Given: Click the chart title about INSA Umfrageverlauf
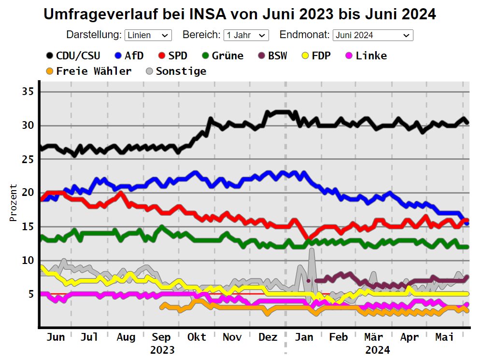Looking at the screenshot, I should click(x=240, y=14).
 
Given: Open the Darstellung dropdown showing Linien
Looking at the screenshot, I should click(x=148, y=35).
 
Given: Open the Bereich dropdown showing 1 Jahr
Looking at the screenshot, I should click(x=246, y=35).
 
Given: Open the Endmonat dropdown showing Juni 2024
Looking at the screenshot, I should click(x=372, y=35).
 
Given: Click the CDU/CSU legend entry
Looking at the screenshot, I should click(x=73, y=55).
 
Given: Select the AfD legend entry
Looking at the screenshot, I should click(x=129, y=55).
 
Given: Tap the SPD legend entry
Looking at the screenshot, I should click(x=172, y=55).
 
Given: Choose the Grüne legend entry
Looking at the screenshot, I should click(x=222, y=55).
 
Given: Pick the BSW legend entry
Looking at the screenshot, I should click(x=272, y=55).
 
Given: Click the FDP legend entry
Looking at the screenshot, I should click(x=316, y=55).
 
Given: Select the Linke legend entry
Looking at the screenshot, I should click(x=366, y=55).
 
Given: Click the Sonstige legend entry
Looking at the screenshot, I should click(x=176, y=71).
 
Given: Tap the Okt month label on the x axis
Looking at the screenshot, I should click(x=197, y=337).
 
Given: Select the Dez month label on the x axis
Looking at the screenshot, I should click(x=268, y=337).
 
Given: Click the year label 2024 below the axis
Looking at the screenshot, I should click(x=377, y=349).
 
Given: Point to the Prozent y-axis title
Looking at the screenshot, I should click(x=14, y=203).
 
